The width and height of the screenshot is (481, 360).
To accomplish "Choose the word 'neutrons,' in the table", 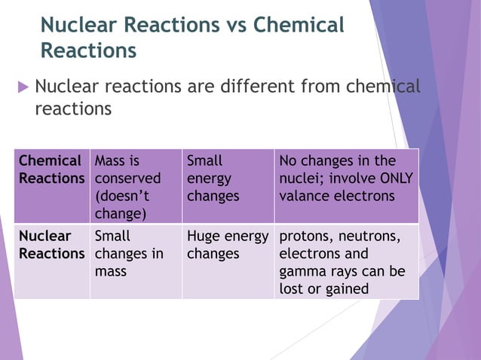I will point(368,236).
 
